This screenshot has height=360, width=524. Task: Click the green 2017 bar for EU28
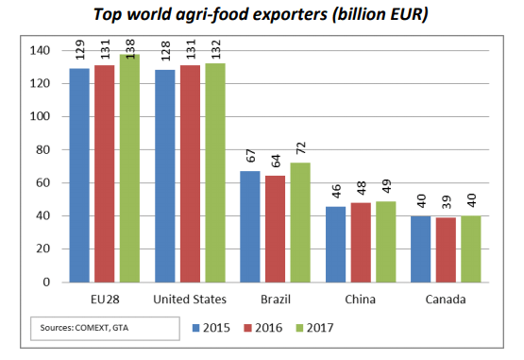pyautogui.click(x=129, y=168)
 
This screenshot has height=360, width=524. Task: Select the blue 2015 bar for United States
pyautogui.click(x=165, y=177)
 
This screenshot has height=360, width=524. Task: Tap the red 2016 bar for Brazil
pyautogui.click(x=276, y=230)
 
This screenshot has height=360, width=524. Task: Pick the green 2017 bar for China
pyautogui.click(x=386, y=242)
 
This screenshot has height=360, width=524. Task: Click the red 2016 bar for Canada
pyautogui.click(x=447, y=250)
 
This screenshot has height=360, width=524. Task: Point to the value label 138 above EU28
pyautogui.click(x=129, y=49)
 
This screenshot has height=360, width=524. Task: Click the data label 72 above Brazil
pyautogui.click(x=301, y=147)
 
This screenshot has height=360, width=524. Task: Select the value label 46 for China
pyautogui.click(x=336, y=191)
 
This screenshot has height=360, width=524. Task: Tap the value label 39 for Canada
pyautogui.click(x=447, y=202)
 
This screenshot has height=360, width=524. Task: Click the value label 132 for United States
pyautogui.click(x=215, y=49)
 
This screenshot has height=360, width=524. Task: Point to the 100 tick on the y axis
pyautogui.click(x=40, y=116)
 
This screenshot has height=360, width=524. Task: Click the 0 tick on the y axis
pyautogui.click(x=46, y=282)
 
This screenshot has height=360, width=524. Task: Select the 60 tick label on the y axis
pyautogui.click(x=42, y=182)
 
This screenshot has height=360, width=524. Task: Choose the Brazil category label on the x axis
pyautogui.click(x=276, y=300)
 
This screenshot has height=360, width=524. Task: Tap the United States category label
pyautogui.click(x=190, y=300)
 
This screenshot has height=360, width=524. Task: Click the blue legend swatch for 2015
pyautogui.click(x=196, y=328)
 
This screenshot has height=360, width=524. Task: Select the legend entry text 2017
pyautogui.click(x=320, y=328)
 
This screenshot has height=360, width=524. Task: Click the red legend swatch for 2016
pyautogui.click(x=247, y=328)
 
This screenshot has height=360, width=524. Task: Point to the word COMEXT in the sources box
pyautogui.click(x=93, y=328)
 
